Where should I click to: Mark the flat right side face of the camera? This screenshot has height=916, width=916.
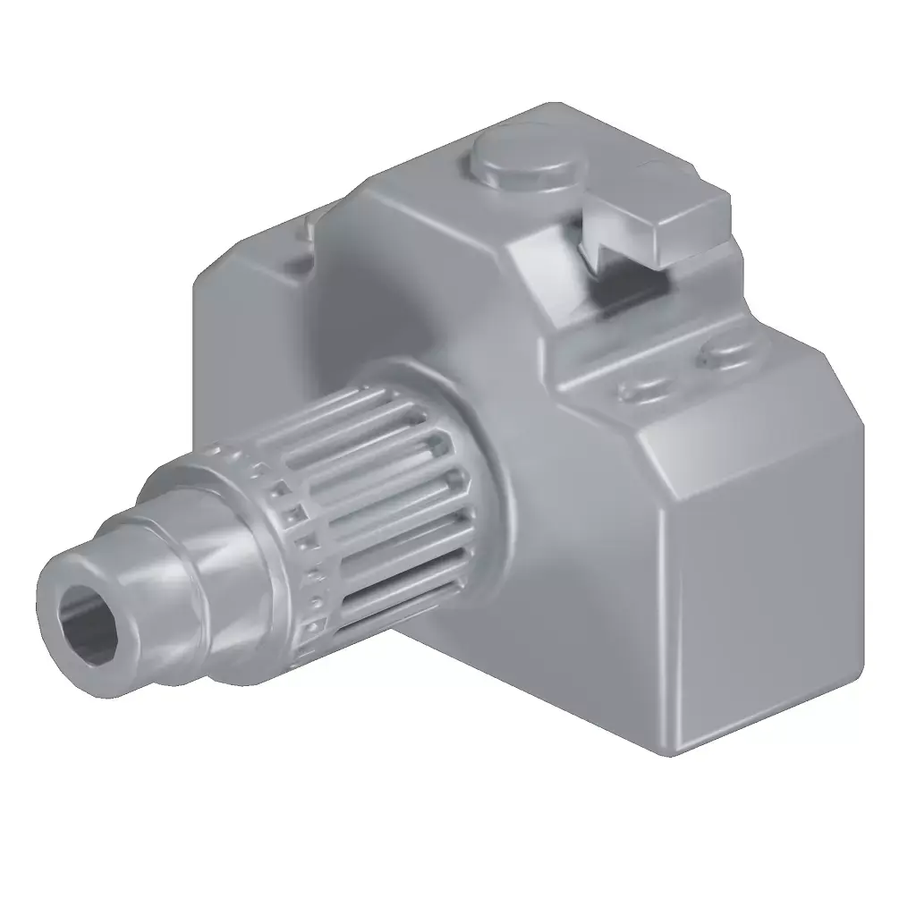[x=760, y=572]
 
